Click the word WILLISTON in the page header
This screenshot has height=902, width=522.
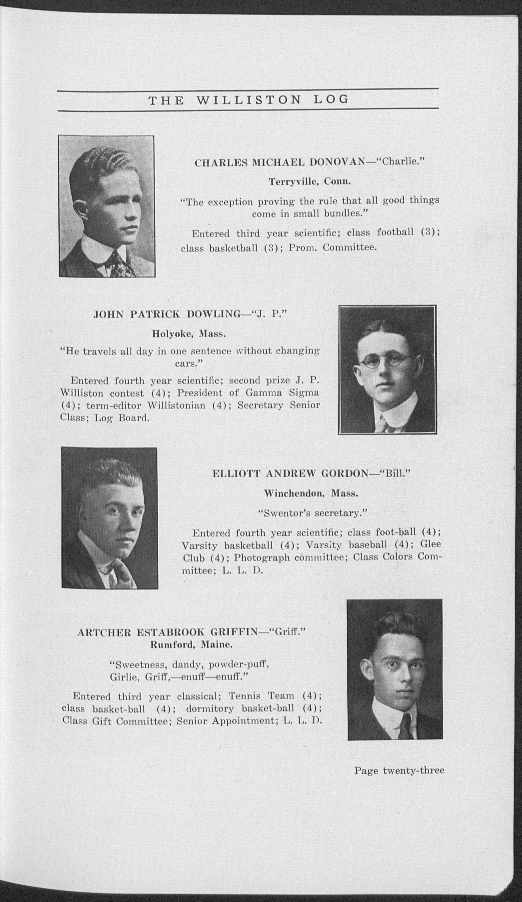click(x=249, y=100)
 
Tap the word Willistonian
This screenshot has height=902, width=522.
click(x=176, y=405)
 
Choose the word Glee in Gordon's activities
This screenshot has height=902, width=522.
click(x=431, y=544)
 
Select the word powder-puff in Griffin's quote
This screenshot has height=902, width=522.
click(x=239, y=665)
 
